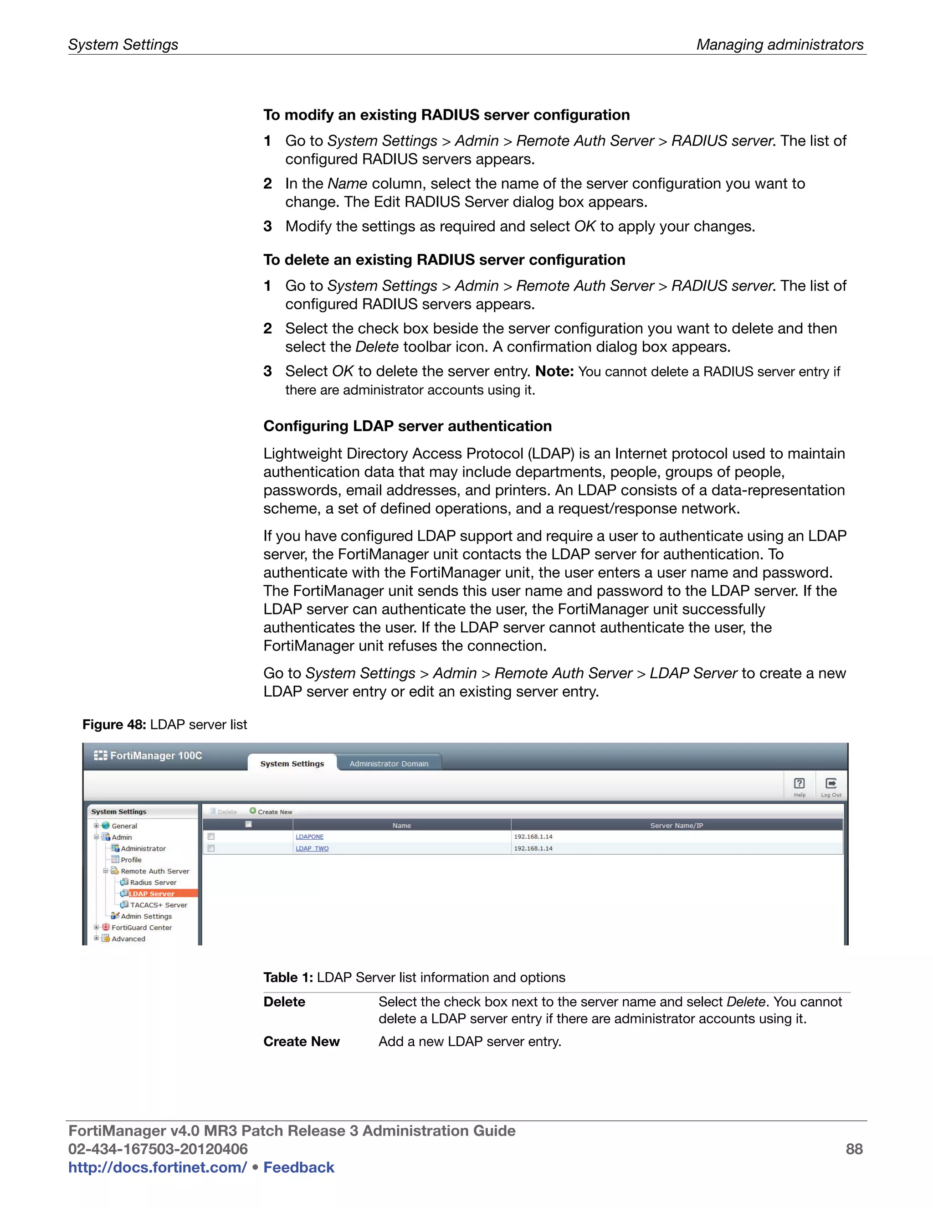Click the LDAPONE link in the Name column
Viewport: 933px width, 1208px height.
tap(309, 837)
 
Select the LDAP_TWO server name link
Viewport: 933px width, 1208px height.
tap(312, 848)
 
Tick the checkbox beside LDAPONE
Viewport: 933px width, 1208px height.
tap(211, 837)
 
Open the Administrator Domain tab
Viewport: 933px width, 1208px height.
tap(389, 763)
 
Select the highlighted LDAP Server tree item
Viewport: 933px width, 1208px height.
tap(152, 893)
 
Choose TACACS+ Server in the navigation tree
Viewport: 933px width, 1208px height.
tap(158, 905)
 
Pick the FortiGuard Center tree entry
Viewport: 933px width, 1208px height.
tap(142, 928)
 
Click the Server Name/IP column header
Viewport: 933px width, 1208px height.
tap(677, 825)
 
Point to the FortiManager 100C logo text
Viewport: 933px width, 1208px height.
tap(156, 755)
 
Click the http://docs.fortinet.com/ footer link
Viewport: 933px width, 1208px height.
tap(158, 1167)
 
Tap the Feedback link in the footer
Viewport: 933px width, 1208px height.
tap(298, 1167)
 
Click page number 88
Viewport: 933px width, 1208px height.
tap(854, 1149)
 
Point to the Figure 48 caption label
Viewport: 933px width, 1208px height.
tap(114, 725)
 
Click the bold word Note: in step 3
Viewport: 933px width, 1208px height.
tap(554, 371)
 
